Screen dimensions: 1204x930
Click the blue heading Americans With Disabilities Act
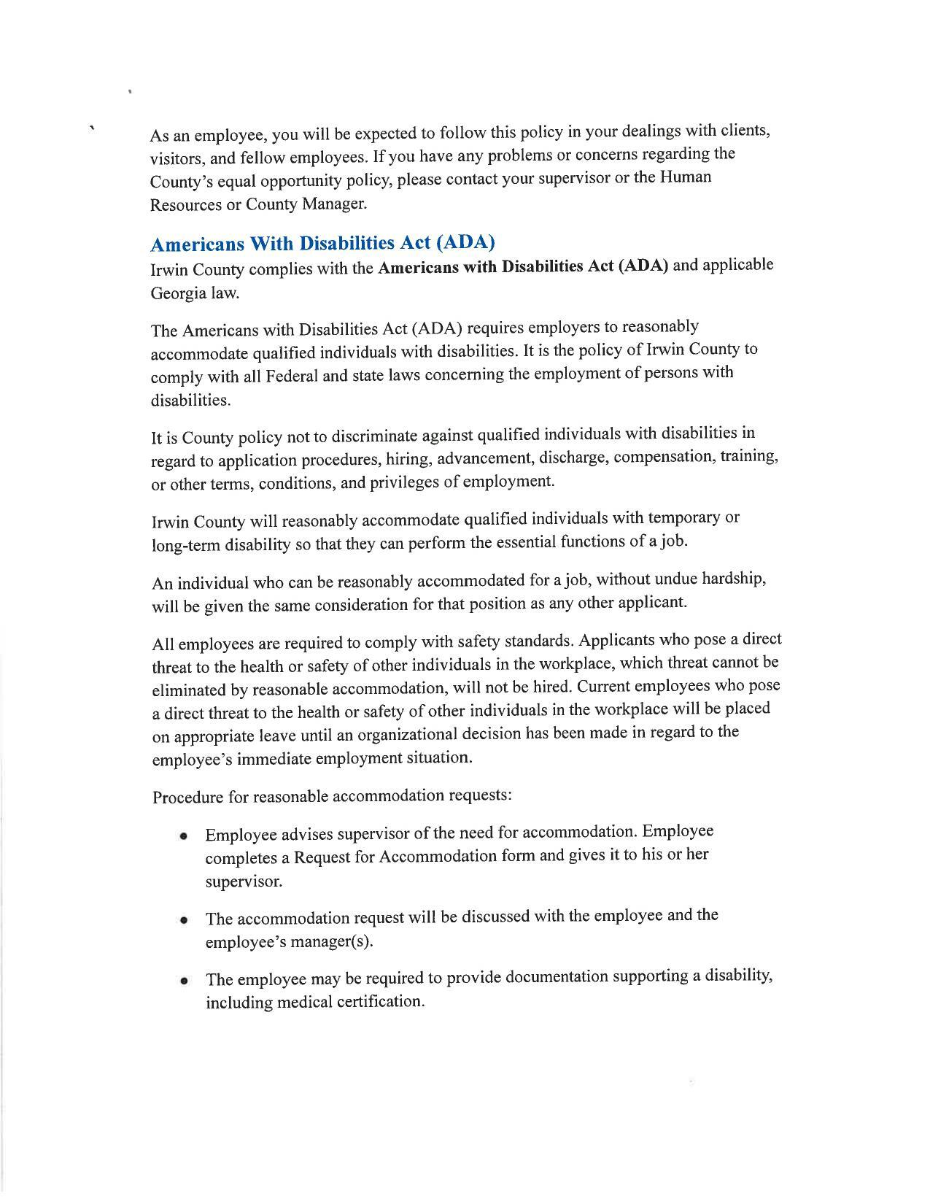322,242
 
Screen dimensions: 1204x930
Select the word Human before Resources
685,177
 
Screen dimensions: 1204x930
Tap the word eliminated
189,690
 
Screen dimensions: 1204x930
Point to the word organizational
418,733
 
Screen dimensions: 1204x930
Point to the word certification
379,1002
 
